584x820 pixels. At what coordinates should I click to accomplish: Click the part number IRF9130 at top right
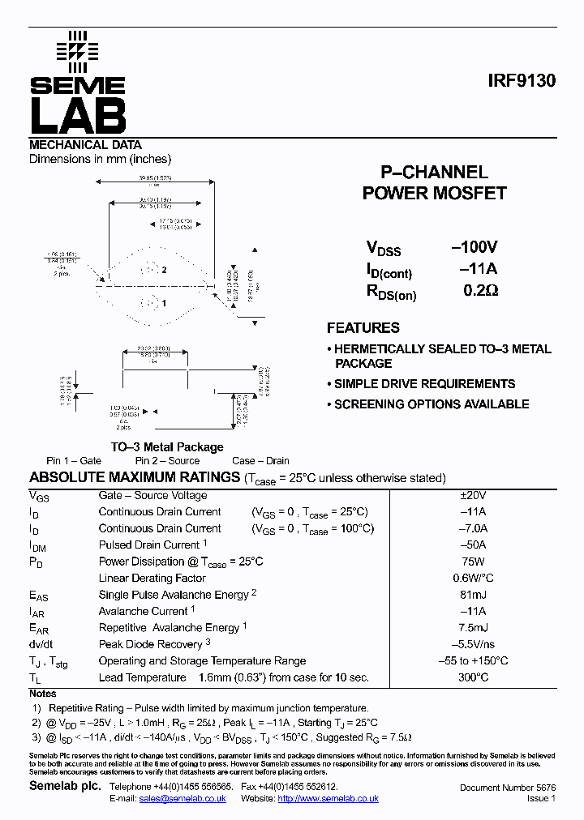point(522,82)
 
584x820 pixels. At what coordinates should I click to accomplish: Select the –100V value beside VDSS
point(474,247)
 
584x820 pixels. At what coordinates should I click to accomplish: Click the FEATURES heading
point(363,328)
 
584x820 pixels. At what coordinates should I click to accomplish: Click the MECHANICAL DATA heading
point(85,145)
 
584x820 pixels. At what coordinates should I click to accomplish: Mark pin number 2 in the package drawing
point(164,270)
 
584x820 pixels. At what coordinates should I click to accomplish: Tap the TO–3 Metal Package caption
point(167,447)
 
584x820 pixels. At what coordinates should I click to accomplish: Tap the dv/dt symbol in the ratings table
point(41,644)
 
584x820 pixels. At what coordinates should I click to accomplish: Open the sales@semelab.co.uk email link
point(182,799)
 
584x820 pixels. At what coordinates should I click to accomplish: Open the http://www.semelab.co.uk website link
point(328,799)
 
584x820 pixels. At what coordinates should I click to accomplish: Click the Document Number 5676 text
point(507,788)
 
